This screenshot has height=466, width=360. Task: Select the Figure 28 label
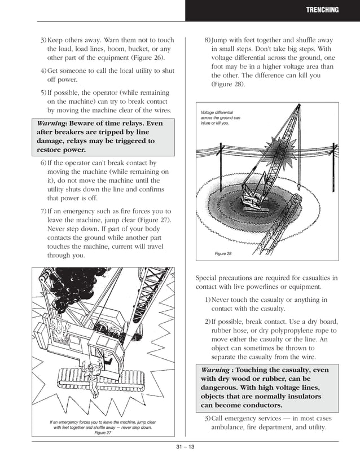pyautogui.click(x=223, y=254)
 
